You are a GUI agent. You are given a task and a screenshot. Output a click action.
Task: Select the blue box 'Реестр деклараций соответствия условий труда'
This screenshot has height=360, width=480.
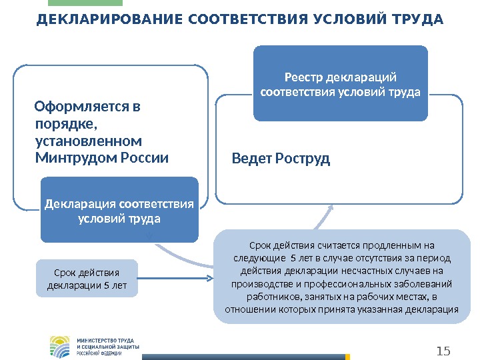(x=340, y=83)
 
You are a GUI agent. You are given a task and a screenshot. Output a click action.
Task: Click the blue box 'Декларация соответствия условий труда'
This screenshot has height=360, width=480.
(x=119, y=210)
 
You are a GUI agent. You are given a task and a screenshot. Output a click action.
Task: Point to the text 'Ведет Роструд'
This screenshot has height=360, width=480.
(x=281, y=159)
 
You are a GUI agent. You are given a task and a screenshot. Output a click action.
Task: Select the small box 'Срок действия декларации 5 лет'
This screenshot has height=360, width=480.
(x=86, y=279)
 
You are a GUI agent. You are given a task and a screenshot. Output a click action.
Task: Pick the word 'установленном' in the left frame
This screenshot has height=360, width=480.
(x=87, y=141)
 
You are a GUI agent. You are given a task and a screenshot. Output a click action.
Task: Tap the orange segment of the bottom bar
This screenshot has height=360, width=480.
(x=347, y=357)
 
